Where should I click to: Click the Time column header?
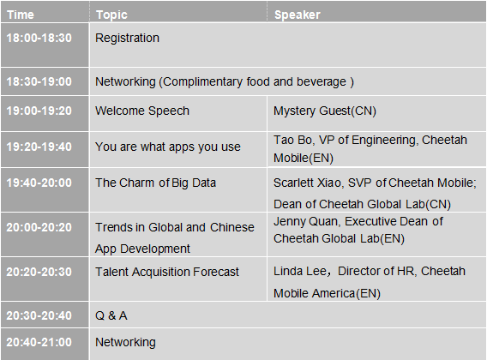[21, 15]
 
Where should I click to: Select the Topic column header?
[111, 15]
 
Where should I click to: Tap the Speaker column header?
[298, 15]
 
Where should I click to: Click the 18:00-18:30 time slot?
[39, 38]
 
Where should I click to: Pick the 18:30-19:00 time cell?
[39, 81]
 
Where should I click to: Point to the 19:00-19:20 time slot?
[39, 111]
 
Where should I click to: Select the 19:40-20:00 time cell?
[39, 183]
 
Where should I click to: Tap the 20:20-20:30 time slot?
[39, 272]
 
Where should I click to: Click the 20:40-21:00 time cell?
[39, 342]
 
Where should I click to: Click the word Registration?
[127, 39]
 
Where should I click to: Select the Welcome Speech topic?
[142, 111]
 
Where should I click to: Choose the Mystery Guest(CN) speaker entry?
[325, 111]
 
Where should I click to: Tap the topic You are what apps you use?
[168, 147]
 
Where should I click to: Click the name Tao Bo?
[292, 140]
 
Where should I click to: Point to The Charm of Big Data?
[155, 183]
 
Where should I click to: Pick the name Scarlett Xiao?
[307, 183]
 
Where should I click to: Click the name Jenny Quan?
[305, 221]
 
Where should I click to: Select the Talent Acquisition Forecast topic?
[167, 272]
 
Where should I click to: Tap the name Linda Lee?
[299, 271]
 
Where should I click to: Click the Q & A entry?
[111, 315]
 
